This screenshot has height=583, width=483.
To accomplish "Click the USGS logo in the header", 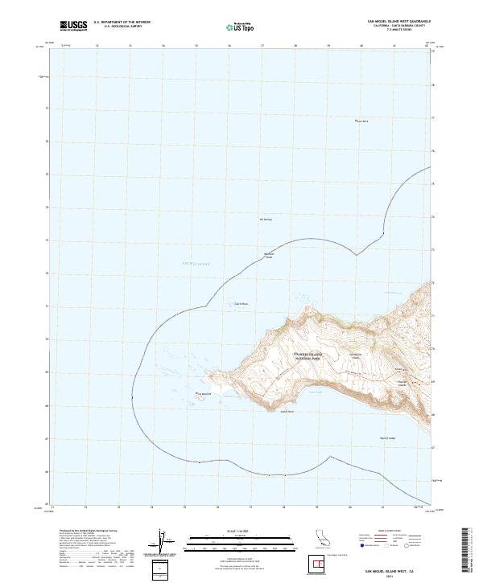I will (74, 26).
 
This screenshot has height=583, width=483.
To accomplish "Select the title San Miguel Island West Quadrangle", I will (398, 22).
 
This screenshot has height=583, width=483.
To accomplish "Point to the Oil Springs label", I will (266, 219).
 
